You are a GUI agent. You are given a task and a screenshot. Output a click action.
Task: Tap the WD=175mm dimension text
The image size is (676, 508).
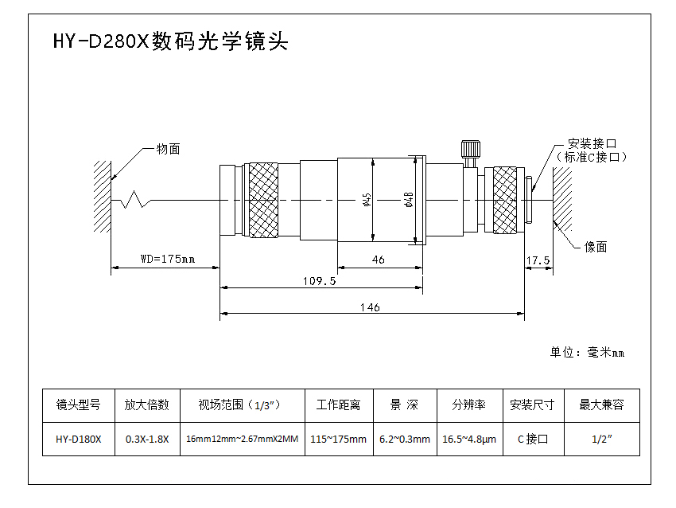coord(167,259)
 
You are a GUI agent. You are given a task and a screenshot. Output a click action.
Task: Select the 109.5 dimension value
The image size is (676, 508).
coord(320,280)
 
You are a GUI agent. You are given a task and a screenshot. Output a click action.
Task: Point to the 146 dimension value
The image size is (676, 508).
coord(370,307)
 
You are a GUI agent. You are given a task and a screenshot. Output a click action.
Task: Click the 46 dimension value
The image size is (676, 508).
coord(379,259)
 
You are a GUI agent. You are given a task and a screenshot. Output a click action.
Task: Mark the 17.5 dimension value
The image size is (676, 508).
coord(538,260)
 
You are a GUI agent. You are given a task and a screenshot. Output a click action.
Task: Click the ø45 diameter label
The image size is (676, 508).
coord(367,199)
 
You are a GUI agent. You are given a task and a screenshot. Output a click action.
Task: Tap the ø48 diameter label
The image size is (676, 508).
coord(408,199)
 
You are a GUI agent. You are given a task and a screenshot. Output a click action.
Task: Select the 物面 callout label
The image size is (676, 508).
coord(168,149)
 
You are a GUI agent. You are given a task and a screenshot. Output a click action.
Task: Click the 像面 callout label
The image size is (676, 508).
coord(596,247)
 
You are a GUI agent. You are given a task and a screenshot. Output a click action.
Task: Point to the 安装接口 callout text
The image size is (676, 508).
coord(592,144)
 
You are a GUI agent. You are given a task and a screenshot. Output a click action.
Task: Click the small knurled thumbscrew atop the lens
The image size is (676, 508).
coord(469,150)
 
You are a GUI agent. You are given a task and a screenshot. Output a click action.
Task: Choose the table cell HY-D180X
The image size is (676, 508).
coord(79,439)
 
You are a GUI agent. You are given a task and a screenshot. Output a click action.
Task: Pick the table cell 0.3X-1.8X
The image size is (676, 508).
coord(147,439)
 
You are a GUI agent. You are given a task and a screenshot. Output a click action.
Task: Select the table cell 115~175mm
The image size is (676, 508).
coord(338,439)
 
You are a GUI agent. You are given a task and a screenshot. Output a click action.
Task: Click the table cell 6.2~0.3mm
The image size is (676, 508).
coord(404,439)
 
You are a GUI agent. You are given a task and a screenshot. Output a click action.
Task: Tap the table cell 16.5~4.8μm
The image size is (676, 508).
coord(469,439)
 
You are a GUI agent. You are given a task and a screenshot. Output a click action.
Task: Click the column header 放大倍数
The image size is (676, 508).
coord(147,404)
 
